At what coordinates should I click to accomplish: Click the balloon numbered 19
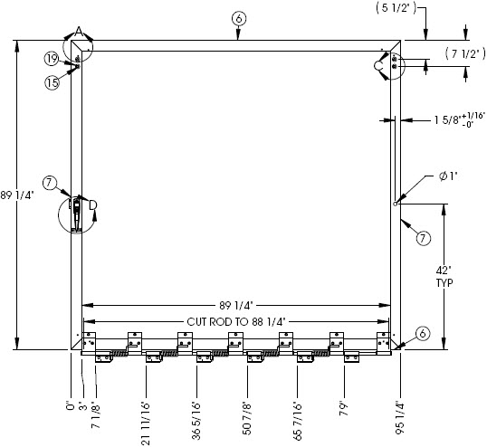(52, 59)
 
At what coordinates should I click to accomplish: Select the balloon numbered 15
(53, 82)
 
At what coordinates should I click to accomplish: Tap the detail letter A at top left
(79, 32)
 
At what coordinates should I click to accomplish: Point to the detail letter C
(378, 66)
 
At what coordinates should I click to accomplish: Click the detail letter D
(93, 205)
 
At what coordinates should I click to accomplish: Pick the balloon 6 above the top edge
(239, 19)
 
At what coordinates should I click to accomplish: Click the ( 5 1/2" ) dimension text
(396, 8)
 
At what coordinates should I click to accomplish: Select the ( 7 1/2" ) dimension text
(465, 53)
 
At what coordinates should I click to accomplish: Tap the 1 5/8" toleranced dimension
(459, 119)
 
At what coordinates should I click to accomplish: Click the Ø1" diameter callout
(448, 176)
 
